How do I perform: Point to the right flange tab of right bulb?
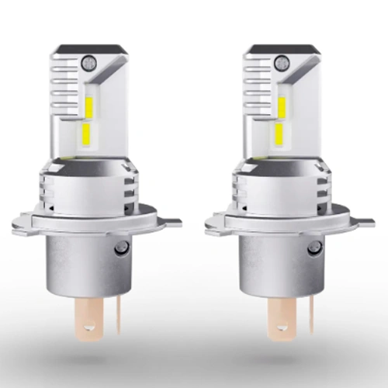pyautogui.click(x=365, y=223)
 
